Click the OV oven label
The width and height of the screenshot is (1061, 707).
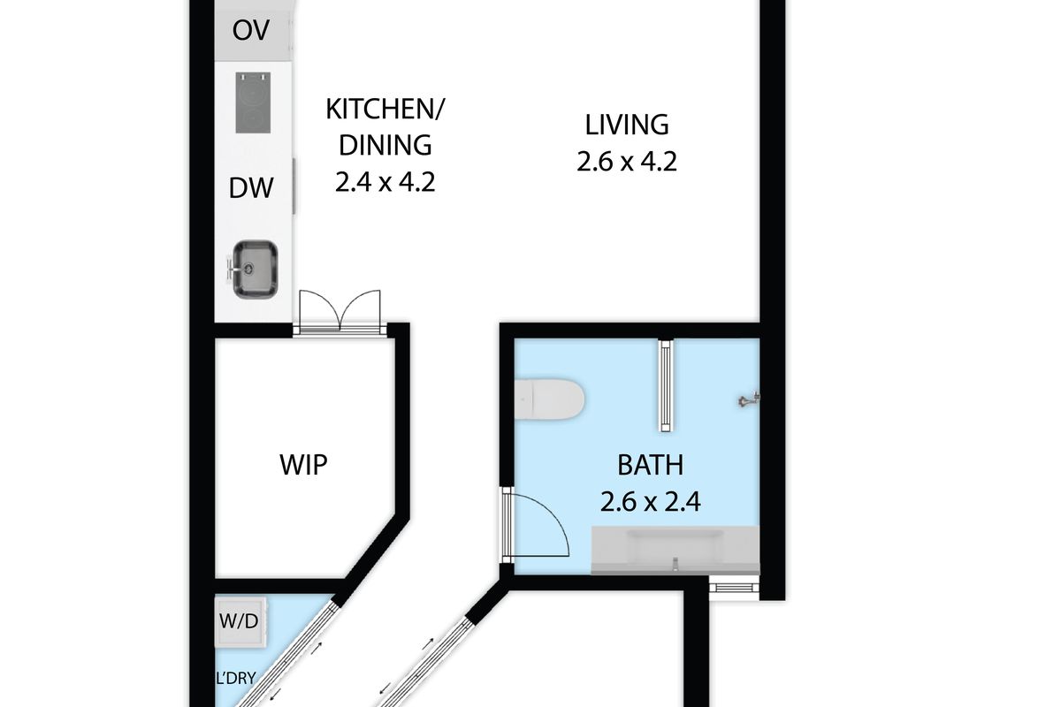tap(250, 30)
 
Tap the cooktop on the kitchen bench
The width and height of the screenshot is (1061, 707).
tap(254, 103)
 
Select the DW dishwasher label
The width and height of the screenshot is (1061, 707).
tap(251, 188)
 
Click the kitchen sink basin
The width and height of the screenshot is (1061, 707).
tap(256, 270)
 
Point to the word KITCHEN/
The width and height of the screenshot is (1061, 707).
tap(385, 109)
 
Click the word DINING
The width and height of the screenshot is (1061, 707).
tap(385, 145)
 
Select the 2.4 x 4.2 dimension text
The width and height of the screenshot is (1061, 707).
tap(385, 182)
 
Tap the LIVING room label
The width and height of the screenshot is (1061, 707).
tap(627, 125)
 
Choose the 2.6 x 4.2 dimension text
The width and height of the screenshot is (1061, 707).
tap(627, 162)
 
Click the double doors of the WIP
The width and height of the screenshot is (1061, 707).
tap(340, 313)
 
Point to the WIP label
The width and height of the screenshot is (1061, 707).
tap(303, 465)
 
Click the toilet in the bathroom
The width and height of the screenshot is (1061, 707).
tap(549, 399)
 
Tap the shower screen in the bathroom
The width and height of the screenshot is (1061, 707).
tap(667, 385)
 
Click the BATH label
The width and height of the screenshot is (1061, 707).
tap(651, 465)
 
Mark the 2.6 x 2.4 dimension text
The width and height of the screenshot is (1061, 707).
tap(651, 502)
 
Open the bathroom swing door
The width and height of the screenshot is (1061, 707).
tap(535, 526)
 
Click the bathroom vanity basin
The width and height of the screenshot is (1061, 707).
tap(676, 550)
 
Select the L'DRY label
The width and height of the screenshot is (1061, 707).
tap(236, 678)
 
